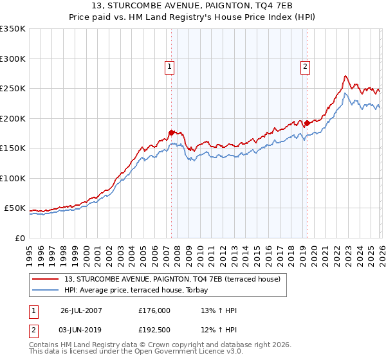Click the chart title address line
tap(193, 6)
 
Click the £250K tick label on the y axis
tap(13, 89)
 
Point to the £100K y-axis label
tap(13, 179)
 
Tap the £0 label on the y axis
tap(21, 239)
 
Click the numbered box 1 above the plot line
tap(169, 66)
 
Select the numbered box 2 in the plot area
tap(304, 66)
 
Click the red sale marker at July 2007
tap(171, 132)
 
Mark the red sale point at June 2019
tap(307, 123)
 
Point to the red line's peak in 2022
tap(345, 76)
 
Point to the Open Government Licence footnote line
tap(136, 352)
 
